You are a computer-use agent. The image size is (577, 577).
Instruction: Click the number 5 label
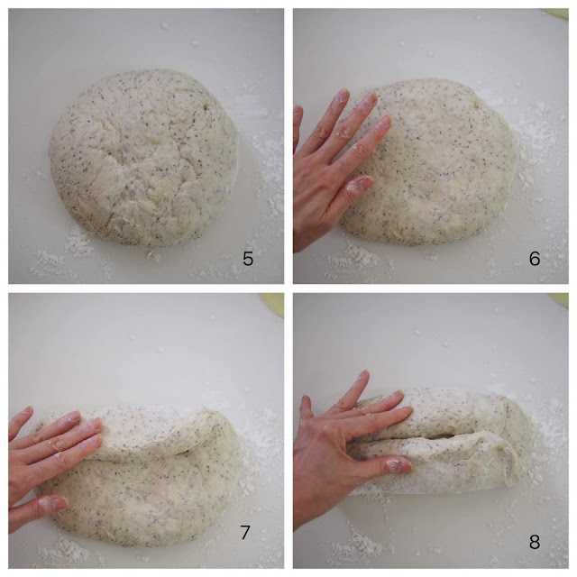[248, 259]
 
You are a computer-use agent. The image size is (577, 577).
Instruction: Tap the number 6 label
[534, 259]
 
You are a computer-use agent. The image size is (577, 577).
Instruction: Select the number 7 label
[245, 532]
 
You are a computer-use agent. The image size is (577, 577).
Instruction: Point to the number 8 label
[534, 543]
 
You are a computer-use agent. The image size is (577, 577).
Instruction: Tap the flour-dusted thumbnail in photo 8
[395, 465]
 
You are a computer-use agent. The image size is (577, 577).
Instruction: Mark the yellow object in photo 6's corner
[556, 14]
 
